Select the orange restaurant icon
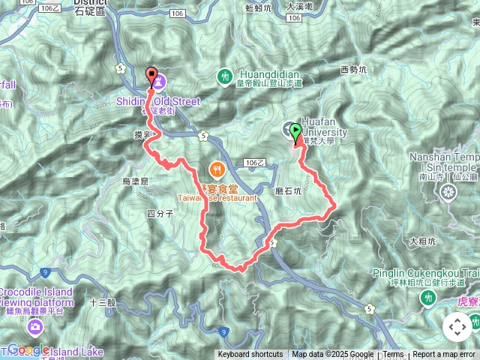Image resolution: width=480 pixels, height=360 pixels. coord(217,169)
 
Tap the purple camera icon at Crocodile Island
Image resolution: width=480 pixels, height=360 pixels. coord(35,326)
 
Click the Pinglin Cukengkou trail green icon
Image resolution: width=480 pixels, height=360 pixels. coord(428,298)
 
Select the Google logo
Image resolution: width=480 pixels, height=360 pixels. coord(28,349)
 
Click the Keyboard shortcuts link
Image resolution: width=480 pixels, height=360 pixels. coord(250,355)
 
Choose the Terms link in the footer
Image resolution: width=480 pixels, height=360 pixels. coord(393,355)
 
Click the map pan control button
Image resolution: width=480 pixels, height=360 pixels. coord(457,327)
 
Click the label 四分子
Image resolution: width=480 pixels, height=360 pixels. coord(160,214)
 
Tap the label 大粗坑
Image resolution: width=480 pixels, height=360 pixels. coord(423,241)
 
